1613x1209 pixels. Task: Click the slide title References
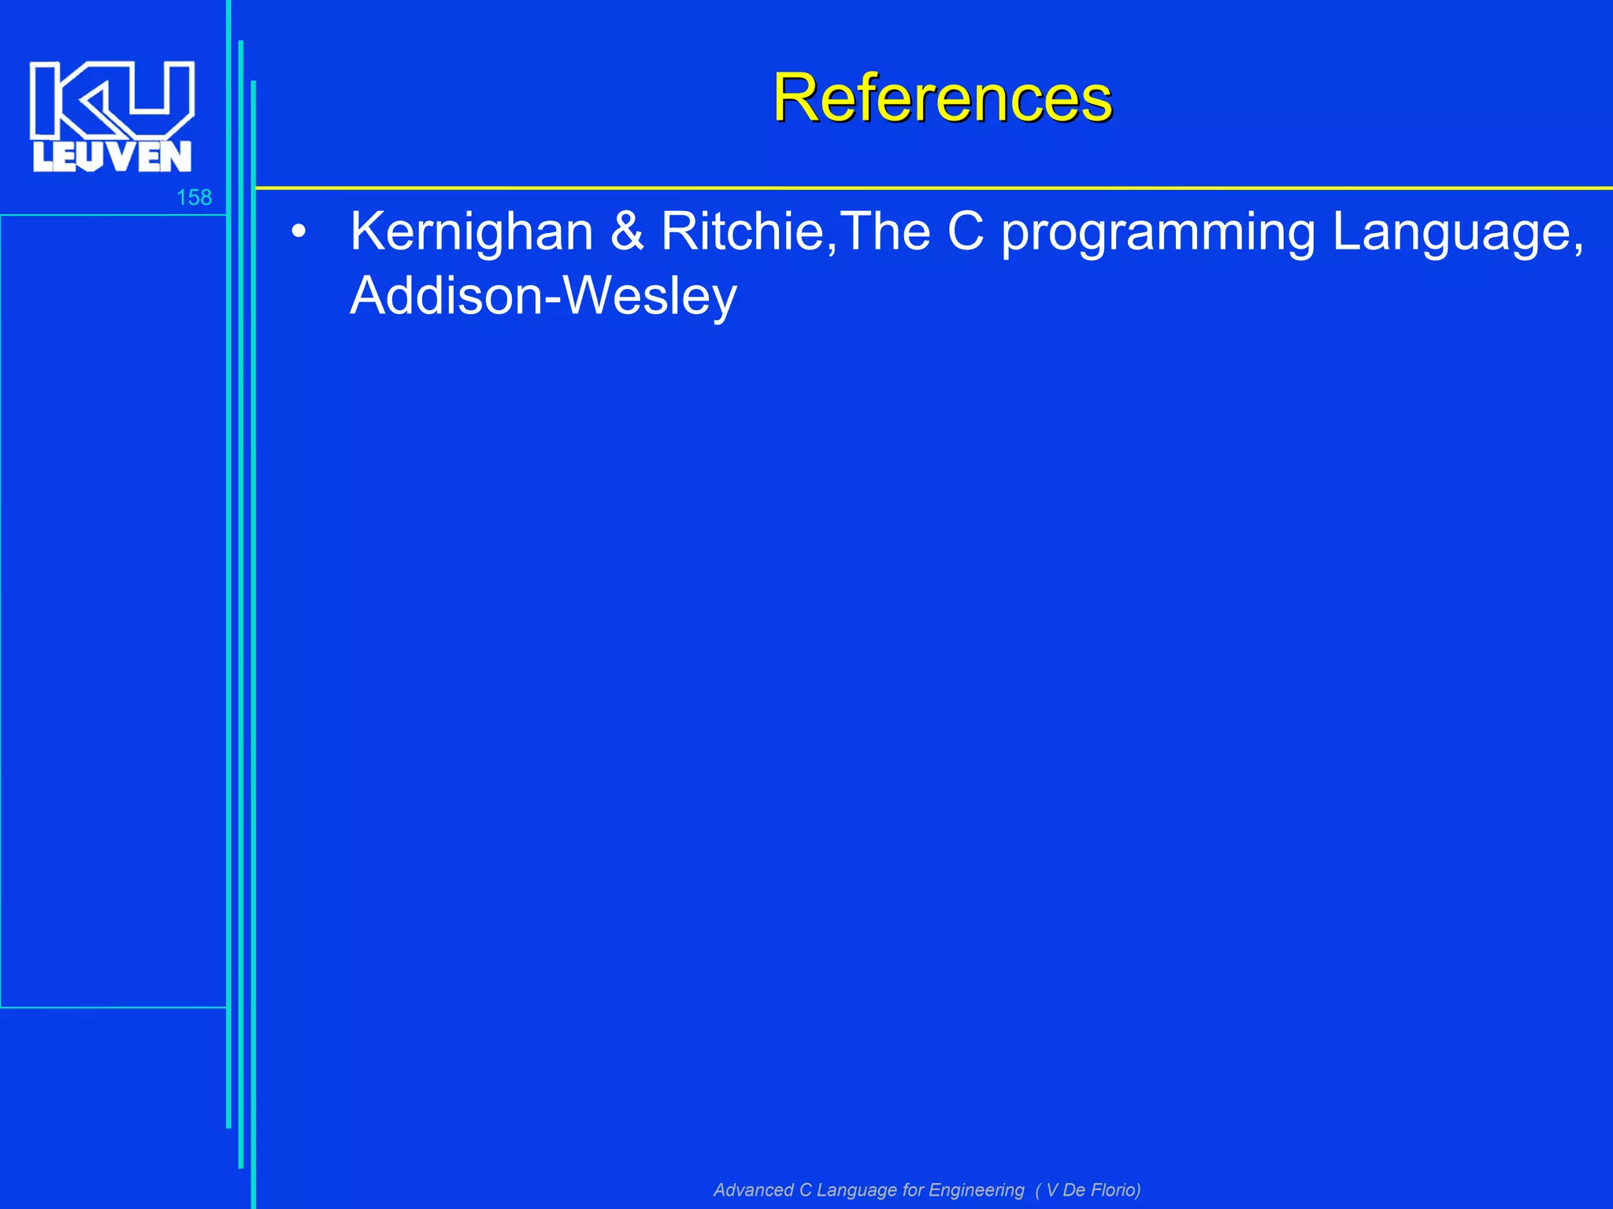coord(942,98)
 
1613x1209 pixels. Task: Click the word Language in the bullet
coord(1451,233)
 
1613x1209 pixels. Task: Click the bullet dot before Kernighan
coord(298,232)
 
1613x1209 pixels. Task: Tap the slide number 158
coord(194,198)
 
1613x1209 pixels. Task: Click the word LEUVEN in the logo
coord(112,157)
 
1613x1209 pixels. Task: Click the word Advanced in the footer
coord(753,1189)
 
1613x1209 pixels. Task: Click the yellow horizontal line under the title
coord(934,188)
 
